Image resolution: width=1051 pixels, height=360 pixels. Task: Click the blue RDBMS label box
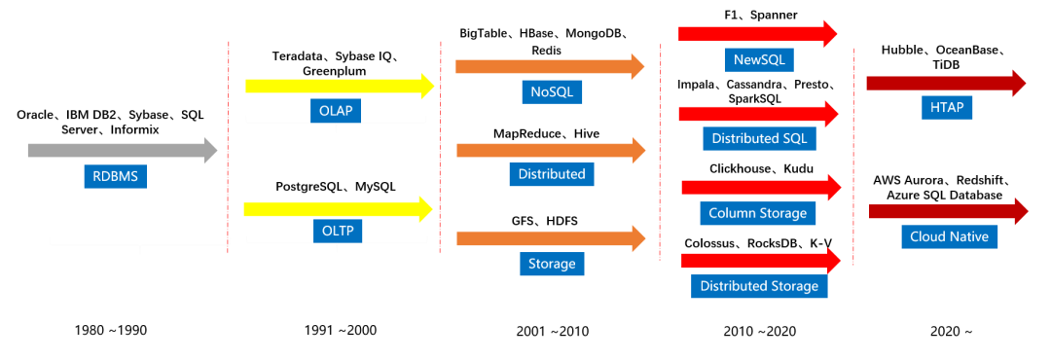115,177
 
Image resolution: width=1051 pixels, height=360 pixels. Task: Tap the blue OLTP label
337,232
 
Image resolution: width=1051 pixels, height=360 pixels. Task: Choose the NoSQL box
552,91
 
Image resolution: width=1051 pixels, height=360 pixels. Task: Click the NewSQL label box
759,59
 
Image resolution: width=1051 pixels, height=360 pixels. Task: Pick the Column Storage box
758,213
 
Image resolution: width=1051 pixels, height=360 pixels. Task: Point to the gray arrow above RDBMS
123,150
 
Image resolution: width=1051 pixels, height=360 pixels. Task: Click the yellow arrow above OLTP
339,209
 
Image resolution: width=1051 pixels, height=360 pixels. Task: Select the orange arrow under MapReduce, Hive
550,150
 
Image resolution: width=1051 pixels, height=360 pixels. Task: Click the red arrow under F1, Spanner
758,33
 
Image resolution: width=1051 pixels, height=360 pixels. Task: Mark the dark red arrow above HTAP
947,83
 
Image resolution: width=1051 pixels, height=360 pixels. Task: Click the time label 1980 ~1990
111,331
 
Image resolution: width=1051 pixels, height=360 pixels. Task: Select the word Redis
547,51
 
